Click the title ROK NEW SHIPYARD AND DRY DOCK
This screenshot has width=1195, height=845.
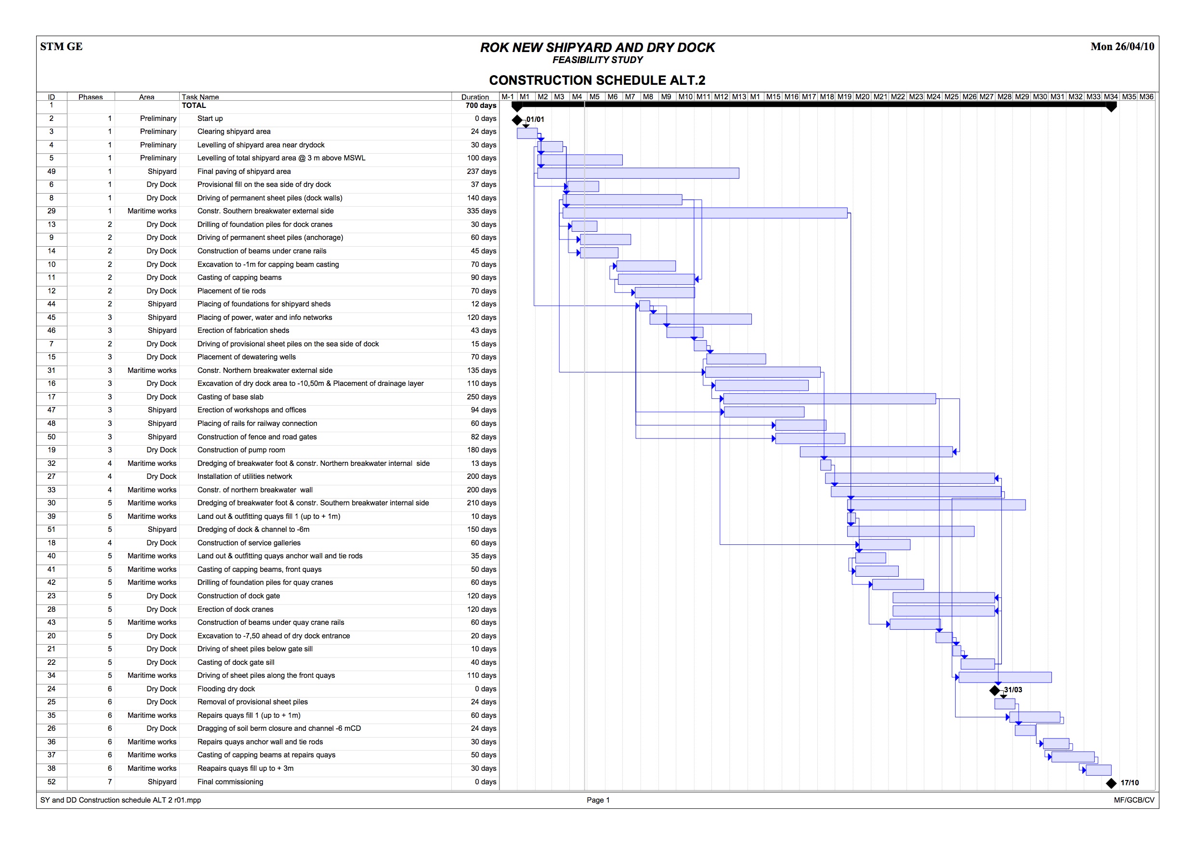597,47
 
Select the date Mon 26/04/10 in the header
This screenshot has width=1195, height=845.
1122,46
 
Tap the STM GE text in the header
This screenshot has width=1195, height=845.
61,46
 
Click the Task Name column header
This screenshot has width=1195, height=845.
200,97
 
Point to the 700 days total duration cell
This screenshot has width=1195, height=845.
480,105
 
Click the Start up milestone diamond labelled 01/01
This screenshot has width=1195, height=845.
517,120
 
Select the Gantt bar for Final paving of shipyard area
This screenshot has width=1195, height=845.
638,173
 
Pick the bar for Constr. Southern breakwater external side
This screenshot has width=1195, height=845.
705,213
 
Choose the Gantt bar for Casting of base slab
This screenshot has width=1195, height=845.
829,399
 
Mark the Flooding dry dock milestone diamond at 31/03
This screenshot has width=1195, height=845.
995,690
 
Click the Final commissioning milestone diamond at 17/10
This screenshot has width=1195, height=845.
1111,783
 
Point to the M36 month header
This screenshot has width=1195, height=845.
1146,97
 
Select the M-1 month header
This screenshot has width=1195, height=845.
508,97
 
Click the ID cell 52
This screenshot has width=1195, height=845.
52,781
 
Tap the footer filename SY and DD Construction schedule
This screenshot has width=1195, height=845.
120,800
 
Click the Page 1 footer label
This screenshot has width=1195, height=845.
597,800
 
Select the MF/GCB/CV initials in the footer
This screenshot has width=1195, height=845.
1133,800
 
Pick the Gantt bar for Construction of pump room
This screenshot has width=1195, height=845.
876,452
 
